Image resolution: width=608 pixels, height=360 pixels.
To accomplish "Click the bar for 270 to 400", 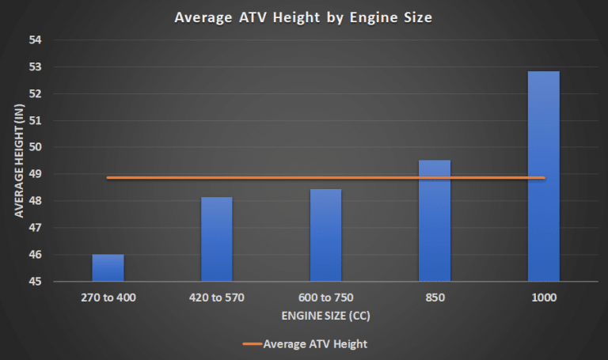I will click(x=108, y=268).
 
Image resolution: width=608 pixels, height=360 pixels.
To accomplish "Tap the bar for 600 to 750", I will click(x=325, y=236).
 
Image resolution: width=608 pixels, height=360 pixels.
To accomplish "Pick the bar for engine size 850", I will click(x=435, y=221).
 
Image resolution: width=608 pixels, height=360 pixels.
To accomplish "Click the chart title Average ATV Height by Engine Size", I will click(x=303, y=17).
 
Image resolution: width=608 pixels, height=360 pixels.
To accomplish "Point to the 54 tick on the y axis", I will click(x=37, y=40).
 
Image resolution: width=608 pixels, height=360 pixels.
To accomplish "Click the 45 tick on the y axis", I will click(x=37, y=282).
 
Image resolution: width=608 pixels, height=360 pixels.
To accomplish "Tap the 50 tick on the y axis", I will click(x=37, y=147).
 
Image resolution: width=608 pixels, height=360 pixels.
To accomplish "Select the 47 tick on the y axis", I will click(x=37, y=228).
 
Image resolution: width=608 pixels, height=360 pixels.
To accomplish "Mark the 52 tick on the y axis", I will click(x=37, y=93).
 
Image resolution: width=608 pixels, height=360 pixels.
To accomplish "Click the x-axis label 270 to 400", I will click(x=108, y=298).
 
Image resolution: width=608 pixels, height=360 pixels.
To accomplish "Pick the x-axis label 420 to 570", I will click(x=217, y=298).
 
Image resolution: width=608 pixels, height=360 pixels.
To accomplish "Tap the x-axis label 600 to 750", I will click(x=325, y=298).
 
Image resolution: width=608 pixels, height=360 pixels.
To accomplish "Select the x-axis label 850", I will click(x=435, y=298).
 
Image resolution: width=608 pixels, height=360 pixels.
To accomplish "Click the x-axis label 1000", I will click(x=544, y=298).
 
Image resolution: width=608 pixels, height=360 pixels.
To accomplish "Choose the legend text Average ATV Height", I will click(x=315, y=344).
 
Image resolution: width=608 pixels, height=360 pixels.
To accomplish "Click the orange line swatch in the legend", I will click(x=250, y=344).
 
